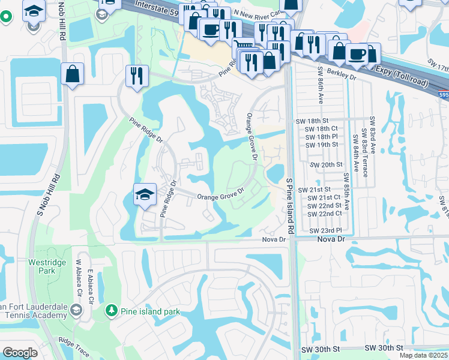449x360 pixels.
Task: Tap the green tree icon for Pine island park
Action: click(110, 310)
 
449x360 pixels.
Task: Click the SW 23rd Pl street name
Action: click(325, 230)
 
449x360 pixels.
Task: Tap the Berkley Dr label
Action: click(343, 78)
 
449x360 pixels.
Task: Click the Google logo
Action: click(20, 353)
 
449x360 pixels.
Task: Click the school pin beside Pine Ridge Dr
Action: click(144, 194)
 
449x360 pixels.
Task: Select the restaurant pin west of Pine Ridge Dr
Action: click(137, 76)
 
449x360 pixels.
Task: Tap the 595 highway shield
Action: click(443, 94)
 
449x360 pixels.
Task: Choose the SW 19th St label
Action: click(321, 145)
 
